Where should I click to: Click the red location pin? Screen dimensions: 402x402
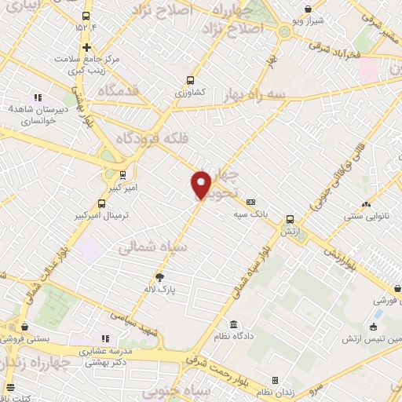(x=202, y=185)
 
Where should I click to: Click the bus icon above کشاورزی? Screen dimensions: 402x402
(x=190, y=79)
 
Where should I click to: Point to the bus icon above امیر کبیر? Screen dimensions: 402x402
(x=122, y=175)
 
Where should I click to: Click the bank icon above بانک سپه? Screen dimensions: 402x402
(x=250, y=201)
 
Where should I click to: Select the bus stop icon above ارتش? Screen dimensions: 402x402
(x=291, y=219)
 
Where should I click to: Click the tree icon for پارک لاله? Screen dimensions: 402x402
(x=160, y=277)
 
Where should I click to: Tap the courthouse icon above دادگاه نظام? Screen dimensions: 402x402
(x=234, y=324)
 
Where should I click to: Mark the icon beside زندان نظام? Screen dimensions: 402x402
(x=274, y=380)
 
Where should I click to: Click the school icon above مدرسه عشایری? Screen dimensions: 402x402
(x=104, y=338)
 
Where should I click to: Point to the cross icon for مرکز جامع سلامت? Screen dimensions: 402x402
(x=86, y=46)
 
